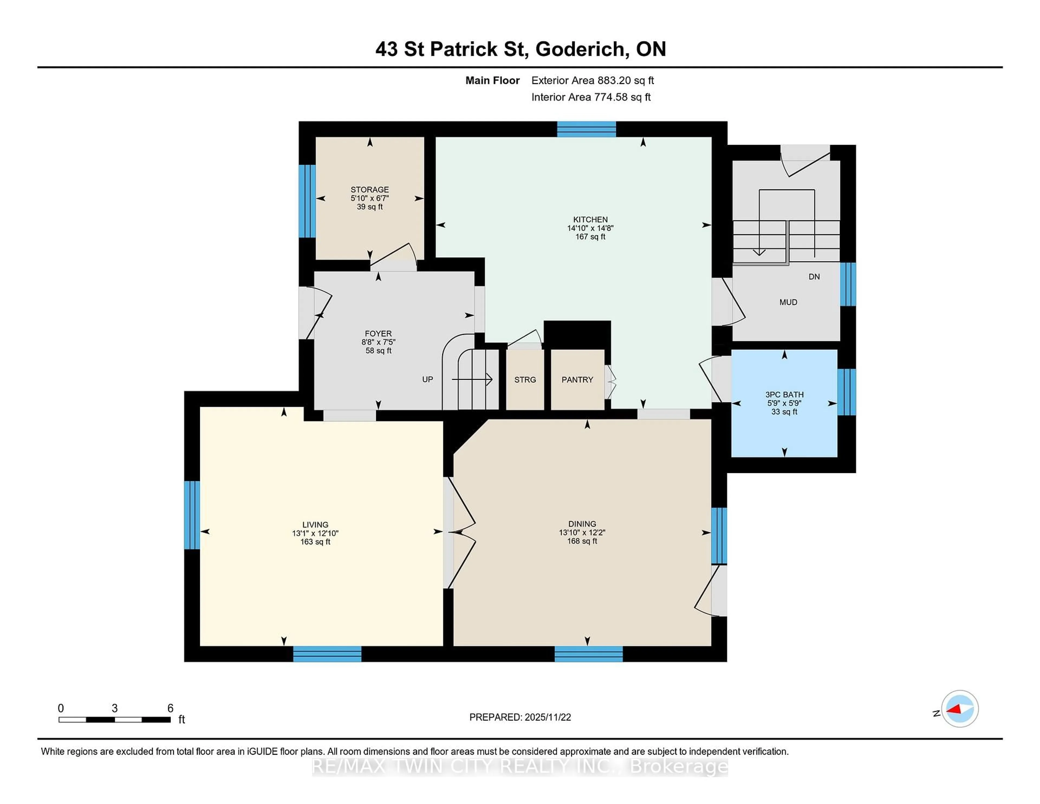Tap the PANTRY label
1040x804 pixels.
point(577,380)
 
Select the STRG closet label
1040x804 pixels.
point(525,380)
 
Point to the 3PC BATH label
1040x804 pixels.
point(784,394)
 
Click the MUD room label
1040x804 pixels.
point(788,302)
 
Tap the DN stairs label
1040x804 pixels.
point(814,277)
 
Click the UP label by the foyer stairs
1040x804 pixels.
point(427,379)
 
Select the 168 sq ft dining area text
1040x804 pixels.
point(582,541)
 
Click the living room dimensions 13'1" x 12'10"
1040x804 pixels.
point(315,533)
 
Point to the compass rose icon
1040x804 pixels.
point(960,709)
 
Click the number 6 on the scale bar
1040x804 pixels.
point(170,708)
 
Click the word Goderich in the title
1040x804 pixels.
point(580,49)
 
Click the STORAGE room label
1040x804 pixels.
point(369,190)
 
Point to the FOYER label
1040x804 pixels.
point(378,333)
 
